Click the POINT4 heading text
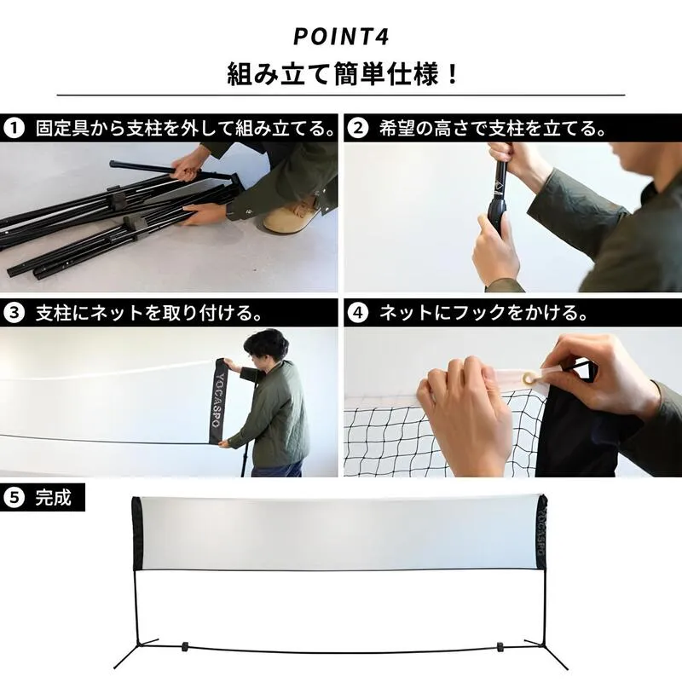(341, 38)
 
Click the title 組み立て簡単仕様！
(341, 73)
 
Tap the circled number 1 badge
(14, 129)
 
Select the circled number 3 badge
(14, 312)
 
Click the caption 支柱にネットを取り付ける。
(136, 312)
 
